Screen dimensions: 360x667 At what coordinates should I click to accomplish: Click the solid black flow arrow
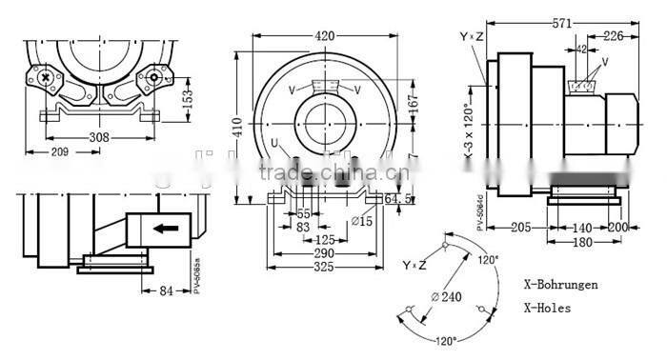coord(169,229)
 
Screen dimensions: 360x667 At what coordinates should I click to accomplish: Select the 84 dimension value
coord(166,291)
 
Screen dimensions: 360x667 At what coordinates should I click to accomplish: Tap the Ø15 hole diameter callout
coord(360,223)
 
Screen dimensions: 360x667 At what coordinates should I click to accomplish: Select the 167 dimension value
coord(413,101)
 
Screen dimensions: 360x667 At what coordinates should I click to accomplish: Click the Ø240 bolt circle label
coord(446,296)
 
